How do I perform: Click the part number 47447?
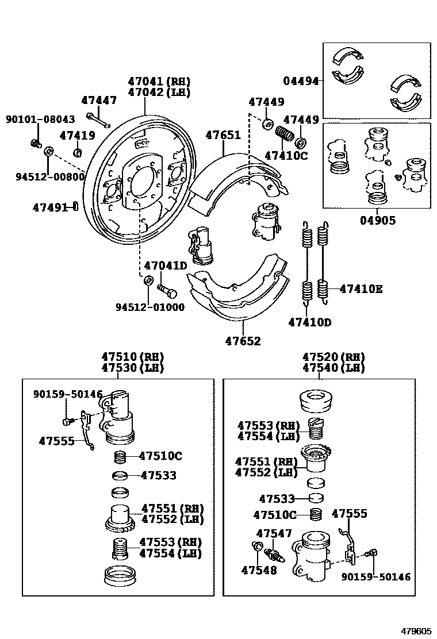[98, 100]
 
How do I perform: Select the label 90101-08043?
[40, 119]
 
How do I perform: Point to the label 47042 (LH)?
[159, 92]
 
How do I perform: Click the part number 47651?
[223, 135]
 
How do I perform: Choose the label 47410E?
[361, 289]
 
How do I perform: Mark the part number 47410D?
[309, 322]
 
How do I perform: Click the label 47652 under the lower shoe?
[243, 341]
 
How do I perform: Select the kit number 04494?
[300, 81]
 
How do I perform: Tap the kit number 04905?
[378, 220]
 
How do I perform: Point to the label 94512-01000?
[149, 307]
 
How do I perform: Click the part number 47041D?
[166, 266]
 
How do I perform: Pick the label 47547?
[274, 533]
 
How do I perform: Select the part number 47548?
[259, 570]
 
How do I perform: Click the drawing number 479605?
[415, 630]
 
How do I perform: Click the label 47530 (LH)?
[132, 368]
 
